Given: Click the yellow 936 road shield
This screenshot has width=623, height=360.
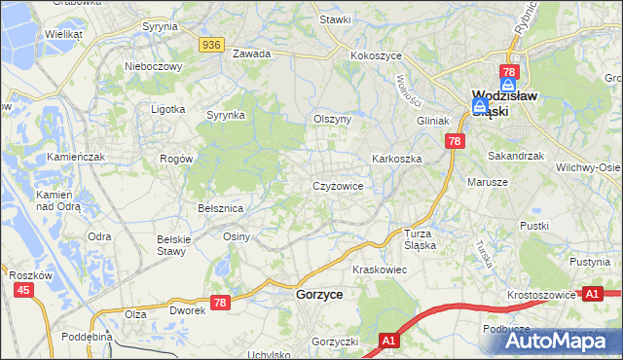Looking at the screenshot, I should (x=213, y=45).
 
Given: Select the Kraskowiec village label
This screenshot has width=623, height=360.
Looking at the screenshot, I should (x=379, y=269).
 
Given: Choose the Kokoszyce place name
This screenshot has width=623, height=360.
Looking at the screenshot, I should (x=377, y=56).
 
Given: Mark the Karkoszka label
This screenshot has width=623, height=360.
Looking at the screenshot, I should (x=396, y=158).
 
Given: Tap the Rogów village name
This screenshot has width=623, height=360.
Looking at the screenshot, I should (x=177, y=158).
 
